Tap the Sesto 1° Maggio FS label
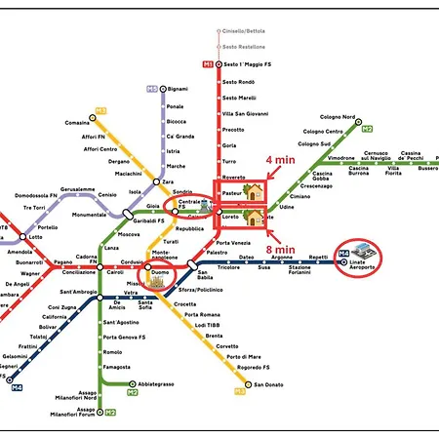coord(246,64)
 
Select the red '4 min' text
coord(281,161)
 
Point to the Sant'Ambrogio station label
coord(77,292)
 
